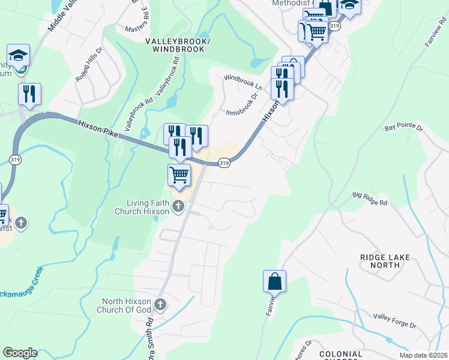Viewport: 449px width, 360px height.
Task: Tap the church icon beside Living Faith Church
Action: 178,207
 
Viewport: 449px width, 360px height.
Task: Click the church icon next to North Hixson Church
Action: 160,305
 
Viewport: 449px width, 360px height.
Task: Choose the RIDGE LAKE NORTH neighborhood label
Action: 385,262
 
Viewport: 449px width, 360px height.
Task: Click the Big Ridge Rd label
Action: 370,199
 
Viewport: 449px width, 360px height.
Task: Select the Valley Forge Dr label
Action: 394,320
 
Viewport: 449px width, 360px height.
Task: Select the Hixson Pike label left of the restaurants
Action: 98,130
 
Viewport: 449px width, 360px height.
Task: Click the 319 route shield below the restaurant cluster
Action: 223,163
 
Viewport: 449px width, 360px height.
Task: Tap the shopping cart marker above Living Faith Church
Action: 179,175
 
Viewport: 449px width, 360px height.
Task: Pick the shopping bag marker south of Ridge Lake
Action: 274,281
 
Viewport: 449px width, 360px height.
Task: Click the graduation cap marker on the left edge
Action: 19,55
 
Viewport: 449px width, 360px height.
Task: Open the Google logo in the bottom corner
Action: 20,353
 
